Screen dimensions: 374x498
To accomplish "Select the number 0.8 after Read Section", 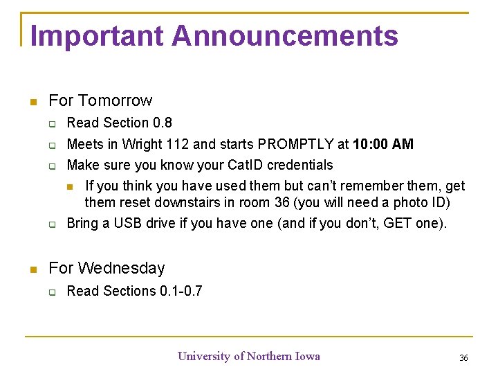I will click(x=163, y=123).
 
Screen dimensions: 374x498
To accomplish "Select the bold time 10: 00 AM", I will click(x=383, y=144).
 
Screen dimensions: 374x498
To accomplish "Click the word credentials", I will click(x=301, y=165).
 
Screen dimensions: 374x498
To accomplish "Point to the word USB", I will click(x=128, y=223).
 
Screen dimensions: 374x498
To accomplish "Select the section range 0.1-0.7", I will click(x=181, y=291).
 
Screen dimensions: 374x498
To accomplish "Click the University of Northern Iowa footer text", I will click(x=249, y=356).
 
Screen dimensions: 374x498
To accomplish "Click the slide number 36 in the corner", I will click(x=463, y=357).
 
